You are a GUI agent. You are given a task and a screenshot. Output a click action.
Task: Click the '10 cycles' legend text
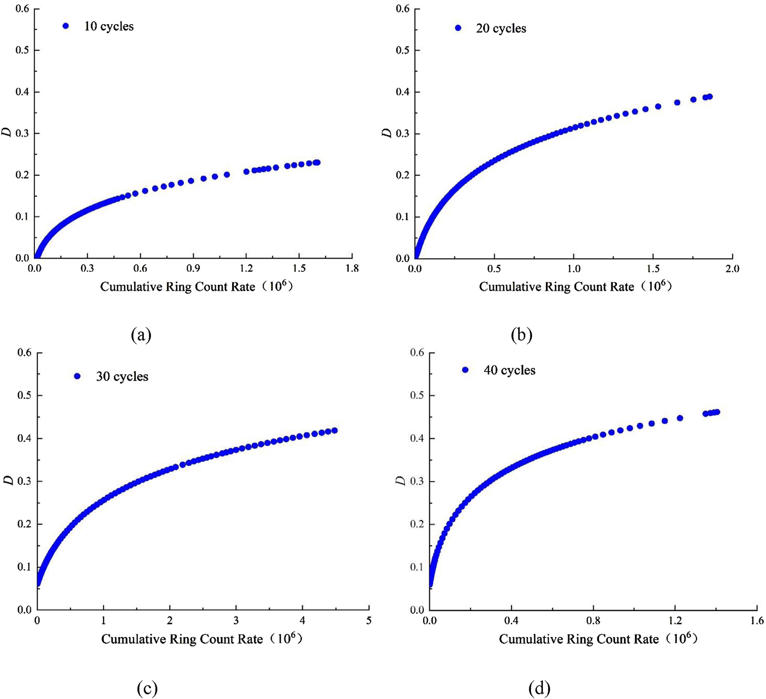(109, 26)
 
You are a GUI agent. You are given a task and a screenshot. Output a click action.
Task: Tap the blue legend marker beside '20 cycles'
(458, 28)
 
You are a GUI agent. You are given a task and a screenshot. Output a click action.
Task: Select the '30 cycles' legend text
(122, 376)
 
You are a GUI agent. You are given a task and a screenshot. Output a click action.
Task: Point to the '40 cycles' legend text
(509, 370)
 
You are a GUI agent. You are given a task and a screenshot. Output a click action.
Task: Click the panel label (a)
(141, 335)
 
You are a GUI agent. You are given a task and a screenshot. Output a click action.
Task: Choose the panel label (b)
(521, 335)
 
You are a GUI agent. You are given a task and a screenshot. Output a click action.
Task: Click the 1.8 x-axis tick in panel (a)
(352, 269)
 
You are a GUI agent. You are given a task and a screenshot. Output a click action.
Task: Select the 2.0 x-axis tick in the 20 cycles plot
(732, 269)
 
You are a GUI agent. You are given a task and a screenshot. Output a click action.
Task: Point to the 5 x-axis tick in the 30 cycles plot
(369, 621)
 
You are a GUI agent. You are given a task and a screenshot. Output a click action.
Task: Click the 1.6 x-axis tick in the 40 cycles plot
(756, 621)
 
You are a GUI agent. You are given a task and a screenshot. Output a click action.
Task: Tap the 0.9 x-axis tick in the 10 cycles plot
(193, 269)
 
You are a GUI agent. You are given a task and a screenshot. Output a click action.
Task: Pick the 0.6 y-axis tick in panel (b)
(402, 9)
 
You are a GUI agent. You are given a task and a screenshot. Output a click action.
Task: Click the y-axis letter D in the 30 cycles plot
(8, 480)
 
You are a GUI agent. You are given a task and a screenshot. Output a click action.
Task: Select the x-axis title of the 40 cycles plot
(598, 639)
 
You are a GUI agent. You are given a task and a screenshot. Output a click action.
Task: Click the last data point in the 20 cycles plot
(709, 97)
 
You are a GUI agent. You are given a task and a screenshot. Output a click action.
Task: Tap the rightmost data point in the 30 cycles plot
(334, 430)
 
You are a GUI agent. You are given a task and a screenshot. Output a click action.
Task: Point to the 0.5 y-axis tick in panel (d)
(417, 395)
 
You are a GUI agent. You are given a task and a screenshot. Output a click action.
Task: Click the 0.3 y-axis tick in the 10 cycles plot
(22, 133)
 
